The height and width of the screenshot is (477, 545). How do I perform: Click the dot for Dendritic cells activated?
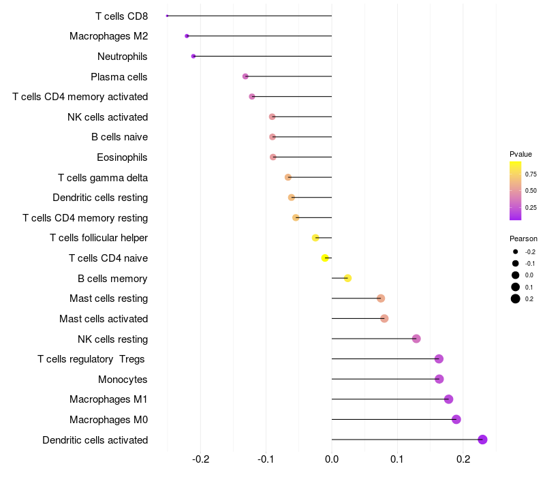(482, 440)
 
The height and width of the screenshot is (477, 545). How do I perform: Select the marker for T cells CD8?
(167, 16)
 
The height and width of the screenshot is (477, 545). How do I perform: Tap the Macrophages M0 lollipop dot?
(456, 419)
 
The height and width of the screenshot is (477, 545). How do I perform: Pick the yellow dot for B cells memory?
(347, 278)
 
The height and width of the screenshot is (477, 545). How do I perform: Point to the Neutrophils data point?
(193, 56)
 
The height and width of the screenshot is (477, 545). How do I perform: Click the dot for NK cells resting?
(416, 339)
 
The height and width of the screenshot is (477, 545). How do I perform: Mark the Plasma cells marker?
(245, 76)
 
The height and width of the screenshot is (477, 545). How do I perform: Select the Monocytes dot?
(439, 379)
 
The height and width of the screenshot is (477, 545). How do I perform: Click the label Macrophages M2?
(108, 36)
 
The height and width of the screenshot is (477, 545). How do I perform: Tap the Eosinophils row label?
(122, 157)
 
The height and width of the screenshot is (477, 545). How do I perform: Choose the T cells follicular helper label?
(99, 238)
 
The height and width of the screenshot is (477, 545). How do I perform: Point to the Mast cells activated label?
(104, 319)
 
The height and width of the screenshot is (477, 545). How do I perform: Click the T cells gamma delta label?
(103, 178)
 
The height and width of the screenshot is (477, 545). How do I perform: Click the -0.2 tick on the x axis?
(200, 460)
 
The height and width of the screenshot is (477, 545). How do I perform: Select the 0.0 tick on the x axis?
(332, 460)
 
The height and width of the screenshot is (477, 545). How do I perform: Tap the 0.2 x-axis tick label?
(463, 460)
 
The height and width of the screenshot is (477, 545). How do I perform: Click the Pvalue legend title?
(520, 154)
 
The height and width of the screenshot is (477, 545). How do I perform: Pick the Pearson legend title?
(523, 238)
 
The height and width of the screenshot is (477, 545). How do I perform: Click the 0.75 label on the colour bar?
(531, 174)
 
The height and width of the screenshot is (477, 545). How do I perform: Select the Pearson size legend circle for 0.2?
(516, 298)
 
